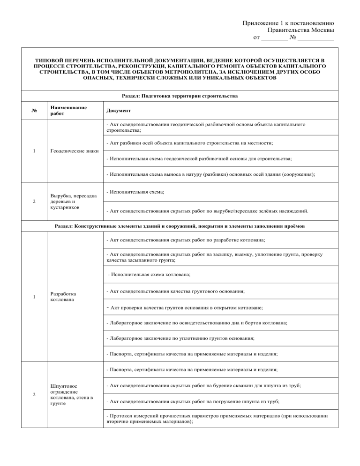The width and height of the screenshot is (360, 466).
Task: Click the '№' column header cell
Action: tap(34, 111)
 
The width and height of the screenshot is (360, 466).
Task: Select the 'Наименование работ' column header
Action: tap(68, 111)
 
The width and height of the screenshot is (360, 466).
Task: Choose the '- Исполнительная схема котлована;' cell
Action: tap(149, 275)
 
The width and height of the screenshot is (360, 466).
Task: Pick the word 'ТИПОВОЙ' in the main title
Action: tap(51, 61)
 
